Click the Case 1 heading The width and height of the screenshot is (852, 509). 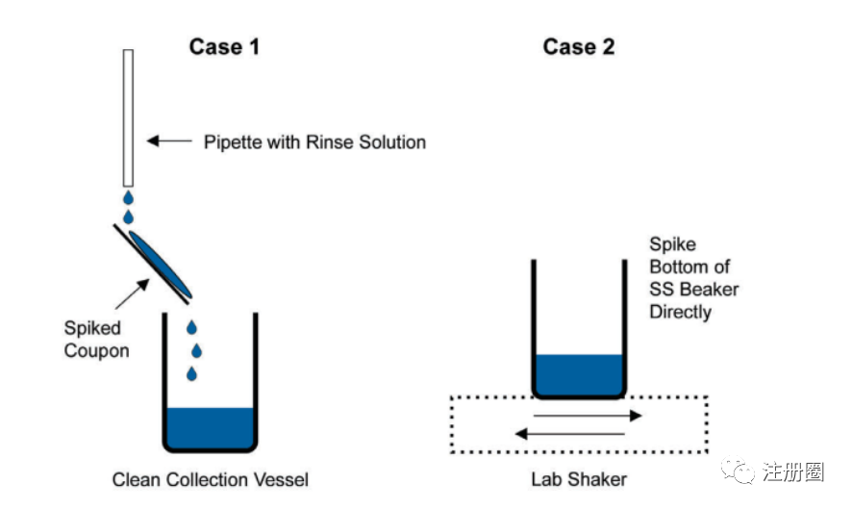(x=223, y=46)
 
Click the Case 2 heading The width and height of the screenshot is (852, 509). (x=578, y=46)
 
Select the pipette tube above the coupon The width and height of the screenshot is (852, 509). (x=128, y=115)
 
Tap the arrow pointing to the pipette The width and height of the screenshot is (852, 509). (x=168, y=141)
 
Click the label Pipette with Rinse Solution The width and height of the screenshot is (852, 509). (x=314, y=142)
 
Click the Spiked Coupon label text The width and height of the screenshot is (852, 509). (x=96, y=340)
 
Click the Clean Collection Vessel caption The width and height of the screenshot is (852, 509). (x=211, y=478)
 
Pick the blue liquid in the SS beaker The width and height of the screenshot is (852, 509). (x=578, y=374)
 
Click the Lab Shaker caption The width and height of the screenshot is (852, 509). (x=579, y=478)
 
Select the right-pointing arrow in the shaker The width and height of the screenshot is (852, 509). (x=588, y=416)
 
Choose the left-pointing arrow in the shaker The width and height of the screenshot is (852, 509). (x=569, y=434)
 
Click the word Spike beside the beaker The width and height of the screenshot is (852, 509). (x=672, y=245)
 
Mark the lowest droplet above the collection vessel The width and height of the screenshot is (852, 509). (x=192, y=372)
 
